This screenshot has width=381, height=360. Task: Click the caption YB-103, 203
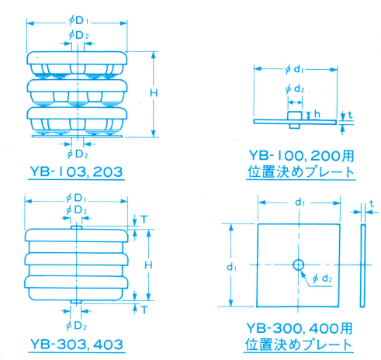click(x=76, y=171)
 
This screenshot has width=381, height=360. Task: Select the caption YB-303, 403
click(x=77, y=344)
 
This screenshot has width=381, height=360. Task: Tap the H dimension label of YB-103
click(x=154, y=93)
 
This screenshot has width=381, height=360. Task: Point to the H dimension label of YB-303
click(x=148, y=265)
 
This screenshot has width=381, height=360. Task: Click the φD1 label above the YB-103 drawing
click(x=78, y=21)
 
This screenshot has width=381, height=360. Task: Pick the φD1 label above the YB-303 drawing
click(x=76, y=199)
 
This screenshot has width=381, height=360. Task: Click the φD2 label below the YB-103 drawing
click(x=78, y=154)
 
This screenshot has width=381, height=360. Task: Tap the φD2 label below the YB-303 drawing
click(x=76, y=326)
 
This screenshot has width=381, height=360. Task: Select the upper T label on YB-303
click(x=144, y=220)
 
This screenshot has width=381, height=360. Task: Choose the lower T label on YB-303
click(x=144, y=310)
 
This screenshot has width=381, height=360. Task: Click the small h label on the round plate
click(x=317, y=114)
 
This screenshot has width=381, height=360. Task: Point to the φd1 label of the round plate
click(x=294, y=69)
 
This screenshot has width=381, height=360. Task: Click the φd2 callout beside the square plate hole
click(x=322, y=279)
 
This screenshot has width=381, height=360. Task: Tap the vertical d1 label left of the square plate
click(x=232, y=267)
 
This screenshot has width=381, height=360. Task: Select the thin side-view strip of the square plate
click(x=363, y=265)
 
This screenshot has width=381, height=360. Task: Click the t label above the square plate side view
click(x=372, y=204)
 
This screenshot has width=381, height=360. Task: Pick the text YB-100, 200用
click(x=301, y=156)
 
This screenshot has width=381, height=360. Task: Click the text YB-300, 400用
click(x=300, y=328)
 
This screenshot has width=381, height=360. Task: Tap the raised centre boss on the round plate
click(x=295, y=116)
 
